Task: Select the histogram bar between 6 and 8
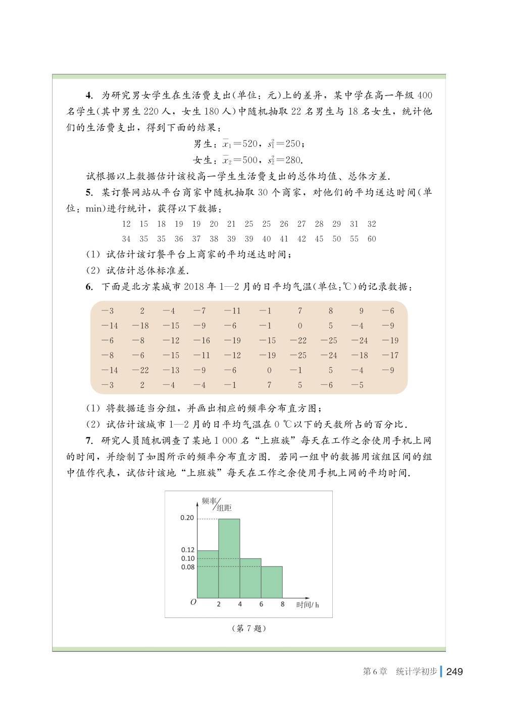(272, 582)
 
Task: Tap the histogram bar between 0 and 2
(208, 574)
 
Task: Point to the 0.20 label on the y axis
(187, 518)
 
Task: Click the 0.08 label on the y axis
(187, 567)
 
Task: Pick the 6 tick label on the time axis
(261, 604)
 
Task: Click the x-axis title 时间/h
(308, 604)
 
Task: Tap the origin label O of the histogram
(193, 602)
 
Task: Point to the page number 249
(454, 672)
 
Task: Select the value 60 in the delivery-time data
(372, 239)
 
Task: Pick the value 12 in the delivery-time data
(126, 224)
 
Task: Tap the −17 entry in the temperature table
(390, 355)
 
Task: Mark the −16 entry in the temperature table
(201, 341)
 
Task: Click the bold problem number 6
(89, 287)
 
